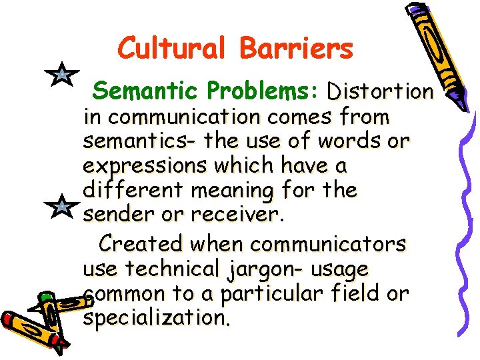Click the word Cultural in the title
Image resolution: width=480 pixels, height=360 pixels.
tap(173, 49)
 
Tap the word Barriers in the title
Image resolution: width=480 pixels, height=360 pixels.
tap(296, 49)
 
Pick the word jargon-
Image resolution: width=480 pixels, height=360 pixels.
tap(262, 270)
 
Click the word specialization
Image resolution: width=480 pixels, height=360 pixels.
tap(157, 318)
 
